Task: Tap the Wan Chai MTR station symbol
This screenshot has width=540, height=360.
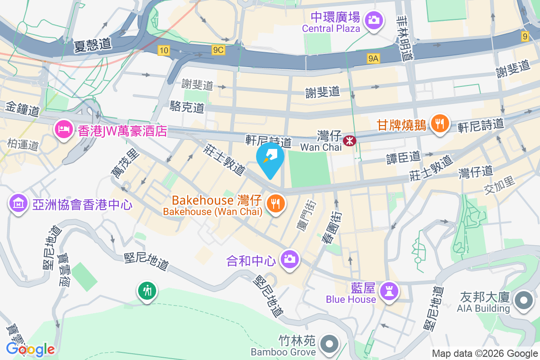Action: pos(349,141)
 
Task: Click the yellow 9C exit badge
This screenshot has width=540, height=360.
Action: pos(218,50)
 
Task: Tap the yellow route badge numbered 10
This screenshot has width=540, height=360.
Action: pos(163,50)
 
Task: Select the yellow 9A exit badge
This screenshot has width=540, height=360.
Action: pos(373,58)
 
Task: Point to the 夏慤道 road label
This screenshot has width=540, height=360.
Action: pos(92,44)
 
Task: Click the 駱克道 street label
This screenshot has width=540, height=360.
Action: pos(187,107)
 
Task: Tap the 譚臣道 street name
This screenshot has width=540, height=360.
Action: pos(404,157)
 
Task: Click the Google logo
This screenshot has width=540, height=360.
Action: pos(30,349)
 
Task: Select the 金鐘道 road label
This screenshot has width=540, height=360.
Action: pos(22,108)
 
